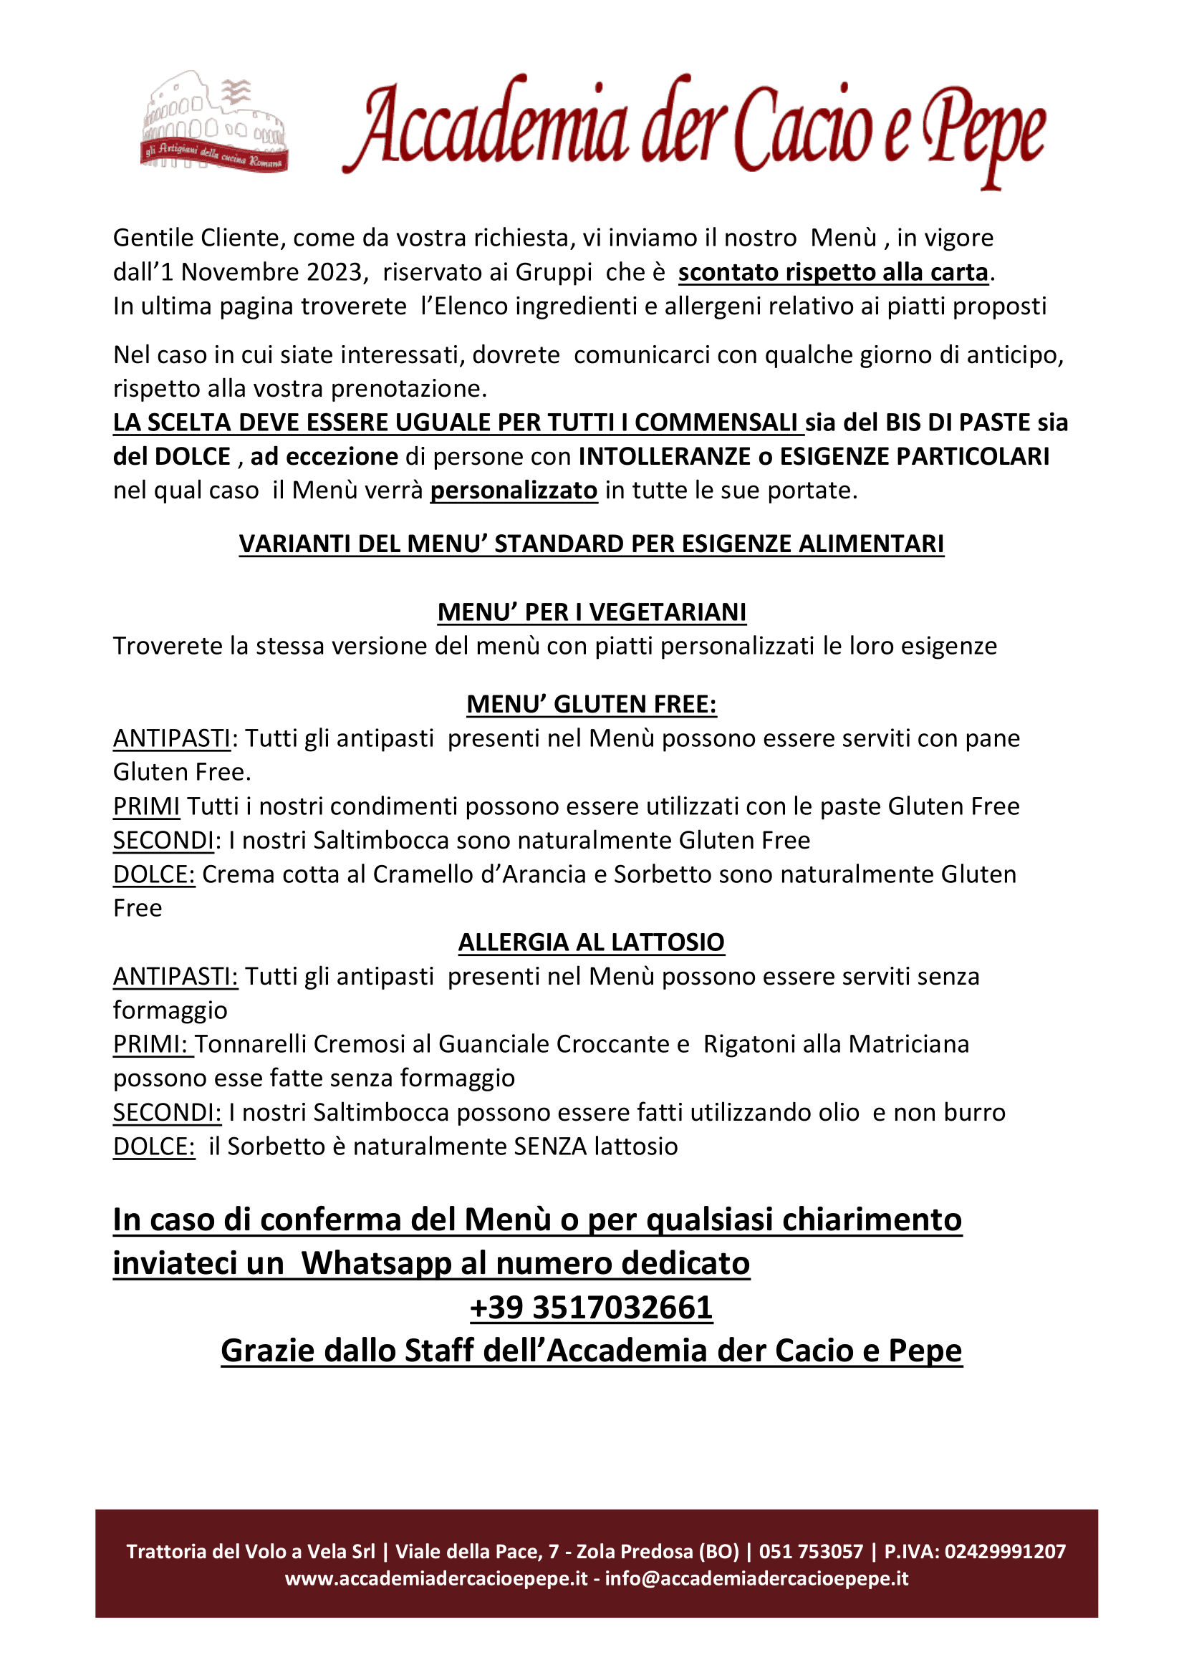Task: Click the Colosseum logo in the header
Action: pyautogui.click(x=213, y=122)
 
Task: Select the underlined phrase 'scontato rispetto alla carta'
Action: pyautogui.click(x=833, y=272)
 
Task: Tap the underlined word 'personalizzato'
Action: pyautogui.click(x=514, y=491)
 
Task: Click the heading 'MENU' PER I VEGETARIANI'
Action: pyautogui.click(x=592, y=612)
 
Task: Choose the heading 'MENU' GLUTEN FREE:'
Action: pyautogui.click(x=592, y=704)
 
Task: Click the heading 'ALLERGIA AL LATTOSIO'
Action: pyautogui.click(x=592, y=942)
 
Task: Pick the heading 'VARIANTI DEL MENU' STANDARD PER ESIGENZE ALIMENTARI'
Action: pyautogui.click(x=592, y=544)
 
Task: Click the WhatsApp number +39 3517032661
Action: pyautogui.click(x=592, y=1307)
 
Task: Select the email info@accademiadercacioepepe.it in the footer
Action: pyautogui.click(x=756, y=1578)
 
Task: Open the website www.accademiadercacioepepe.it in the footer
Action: pyautogui.click(x=436, y=1578)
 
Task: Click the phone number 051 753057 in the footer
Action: pyautogui.click(x=812, y=1551)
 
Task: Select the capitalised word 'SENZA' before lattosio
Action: pyautogui.click(x=550, y=1146)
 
